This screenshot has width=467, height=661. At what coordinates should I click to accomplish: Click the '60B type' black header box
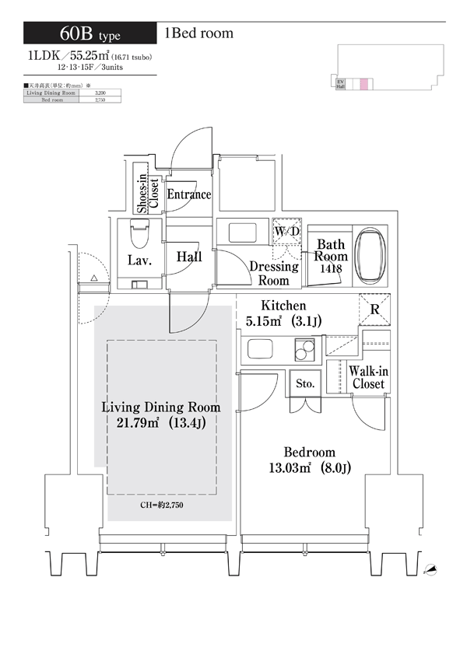[90, 33]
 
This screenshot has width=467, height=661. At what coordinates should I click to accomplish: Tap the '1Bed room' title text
[198, 33]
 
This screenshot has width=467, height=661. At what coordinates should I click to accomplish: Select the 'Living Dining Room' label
[161, 407]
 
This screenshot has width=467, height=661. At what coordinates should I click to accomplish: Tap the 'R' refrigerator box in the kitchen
[374, 310]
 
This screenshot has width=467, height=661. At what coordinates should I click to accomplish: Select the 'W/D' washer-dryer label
[286, 232]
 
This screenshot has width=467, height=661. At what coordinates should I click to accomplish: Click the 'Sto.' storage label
[304, 384]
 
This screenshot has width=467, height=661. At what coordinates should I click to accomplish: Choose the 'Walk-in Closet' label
[368, 378]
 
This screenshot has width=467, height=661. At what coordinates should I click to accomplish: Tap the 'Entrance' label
[189, 194]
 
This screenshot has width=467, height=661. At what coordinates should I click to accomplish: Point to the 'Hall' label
[189, 257]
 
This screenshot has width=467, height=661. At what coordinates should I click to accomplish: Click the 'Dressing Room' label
[273, 274]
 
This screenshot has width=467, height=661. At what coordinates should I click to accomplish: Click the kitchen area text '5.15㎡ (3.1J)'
[284, 320]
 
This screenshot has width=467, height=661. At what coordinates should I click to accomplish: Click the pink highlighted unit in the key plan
[363, 85]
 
